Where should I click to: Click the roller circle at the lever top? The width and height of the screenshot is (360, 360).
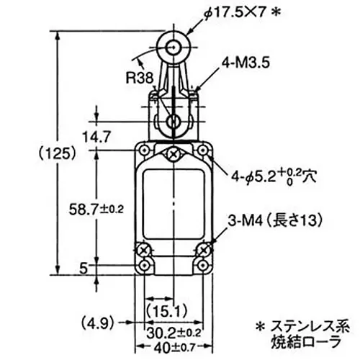174,47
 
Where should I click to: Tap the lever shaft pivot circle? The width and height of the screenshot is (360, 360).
174,120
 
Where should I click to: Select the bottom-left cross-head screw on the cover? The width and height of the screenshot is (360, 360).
144,250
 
